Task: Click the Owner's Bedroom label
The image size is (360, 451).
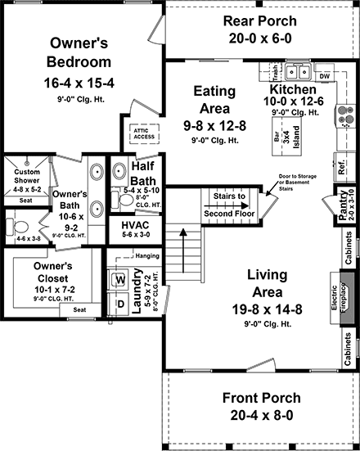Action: (80, 52)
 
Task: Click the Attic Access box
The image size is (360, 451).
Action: (133, 133)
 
